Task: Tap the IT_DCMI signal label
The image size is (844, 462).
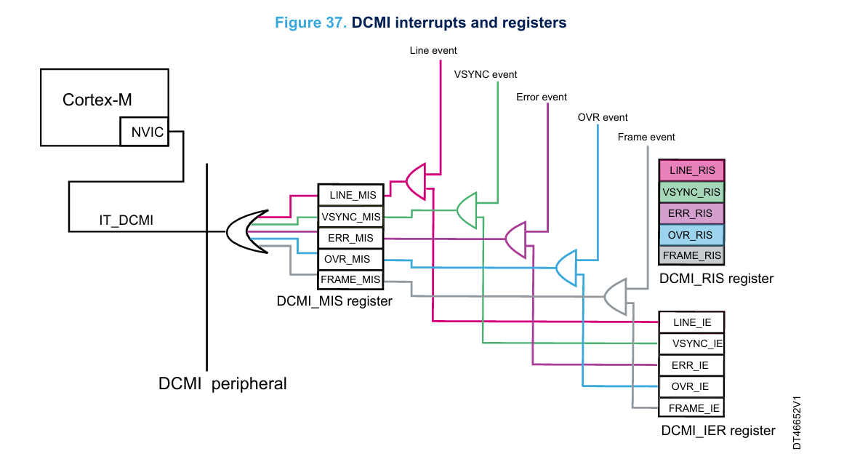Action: click(126, 220)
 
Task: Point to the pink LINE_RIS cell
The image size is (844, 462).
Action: click(691, 171)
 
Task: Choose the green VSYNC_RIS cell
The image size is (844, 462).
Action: click(691, 192)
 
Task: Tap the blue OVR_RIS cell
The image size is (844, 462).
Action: click(691, 234)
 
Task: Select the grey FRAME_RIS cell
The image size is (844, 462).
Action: click(691, 255)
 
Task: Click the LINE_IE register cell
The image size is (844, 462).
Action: click(691, 322)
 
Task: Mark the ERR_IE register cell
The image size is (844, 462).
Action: click(691, 365)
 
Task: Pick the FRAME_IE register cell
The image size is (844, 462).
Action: click(691, 408)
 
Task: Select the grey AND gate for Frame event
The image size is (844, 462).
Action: click(615, 295)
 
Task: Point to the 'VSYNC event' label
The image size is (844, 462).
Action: click(486, 74)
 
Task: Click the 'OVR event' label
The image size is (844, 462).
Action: click(603, 117)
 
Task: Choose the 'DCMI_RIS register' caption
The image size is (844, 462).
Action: click(716, 279)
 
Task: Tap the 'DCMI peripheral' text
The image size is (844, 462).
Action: click(222, 383)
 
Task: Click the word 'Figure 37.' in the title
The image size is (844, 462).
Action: click(310, 23)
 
